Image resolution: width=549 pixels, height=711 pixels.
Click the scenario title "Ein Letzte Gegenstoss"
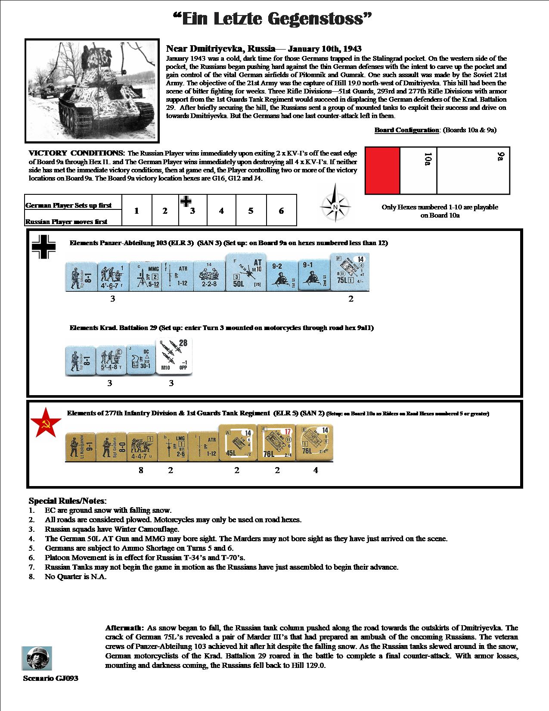coord(272,19)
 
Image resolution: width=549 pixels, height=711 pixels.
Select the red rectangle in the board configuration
coord(382,171)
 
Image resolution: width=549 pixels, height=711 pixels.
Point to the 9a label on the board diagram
coord(500,156)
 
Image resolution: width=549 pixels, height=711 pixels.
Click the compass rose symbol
coord(335,206)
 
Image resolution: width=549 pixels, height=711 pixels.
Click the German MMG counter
coord(145,276)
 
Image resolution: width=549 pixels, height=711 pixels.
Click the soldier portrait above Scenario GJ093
coord(37,658)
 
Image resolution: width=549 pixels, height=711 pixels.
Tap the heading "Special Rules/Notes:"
coord(67,501)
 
